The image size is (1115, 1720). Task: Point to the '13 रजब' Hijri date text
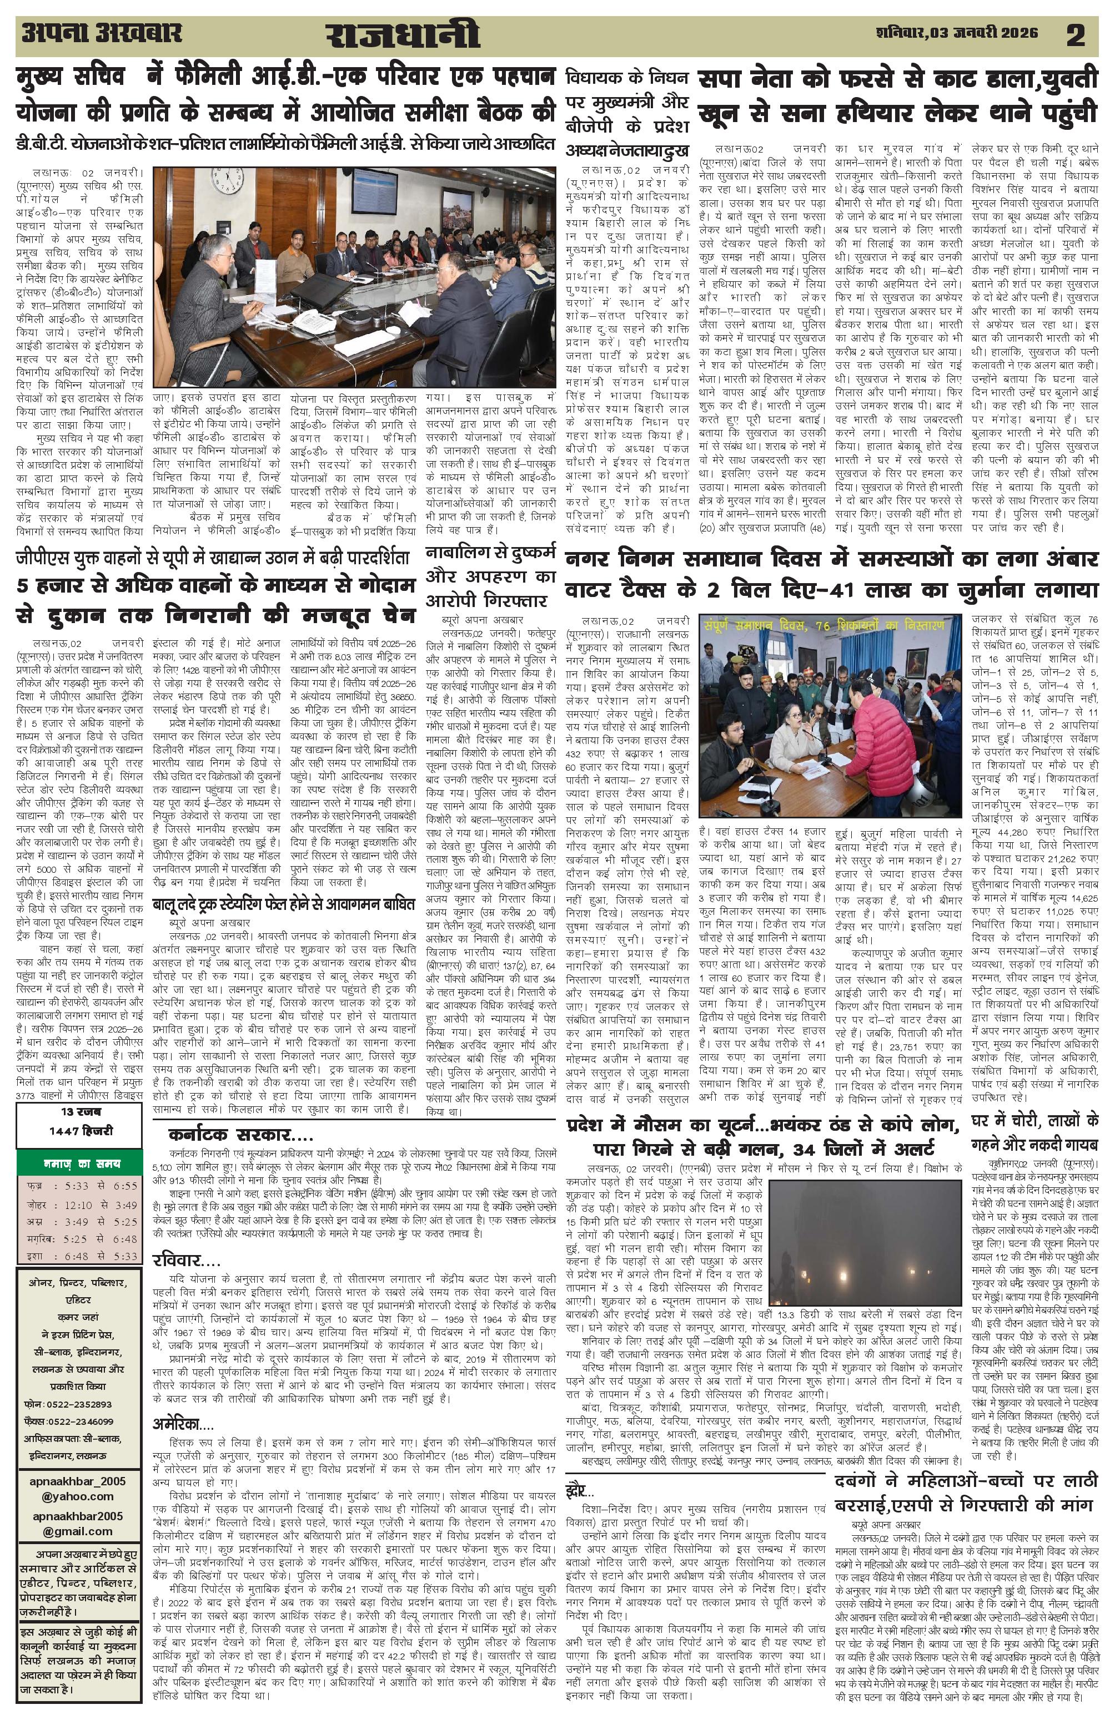point(81,1111)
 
